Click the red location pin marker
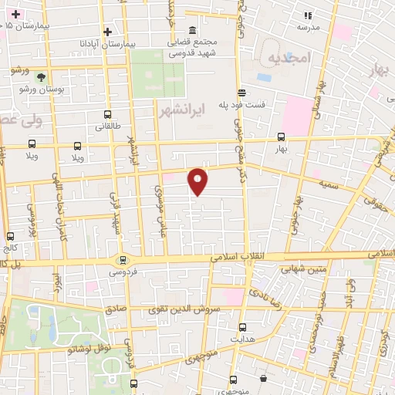click(x=198, y=181)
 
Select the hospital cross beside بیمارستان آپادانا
click(x=108, y=32)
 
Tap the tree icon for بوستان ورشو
click(x=41, y=77)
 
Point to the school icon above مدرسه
click(x=309, y=15)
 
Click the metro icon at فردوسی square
click(x=121, y=260)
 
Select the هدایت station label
click(x=243, y=339)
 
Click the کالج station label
click(x=10, y=248)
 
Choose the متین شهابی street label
click(x=288, y=269)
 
